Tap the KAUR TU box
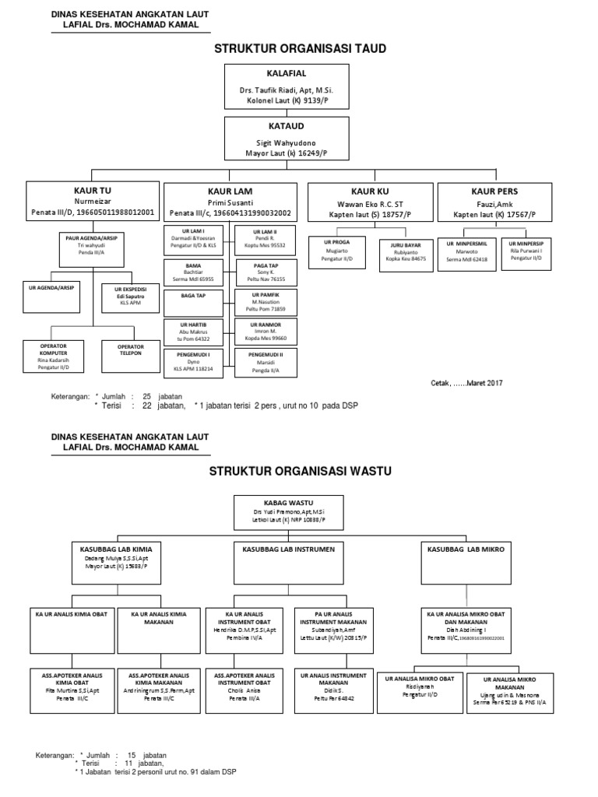93,202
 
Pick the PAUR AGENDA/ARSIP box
92,244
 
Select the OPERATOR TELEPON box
131,355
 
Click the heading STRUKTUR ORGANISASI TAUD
300,48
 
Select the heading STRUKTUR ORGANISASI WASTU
300,471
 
